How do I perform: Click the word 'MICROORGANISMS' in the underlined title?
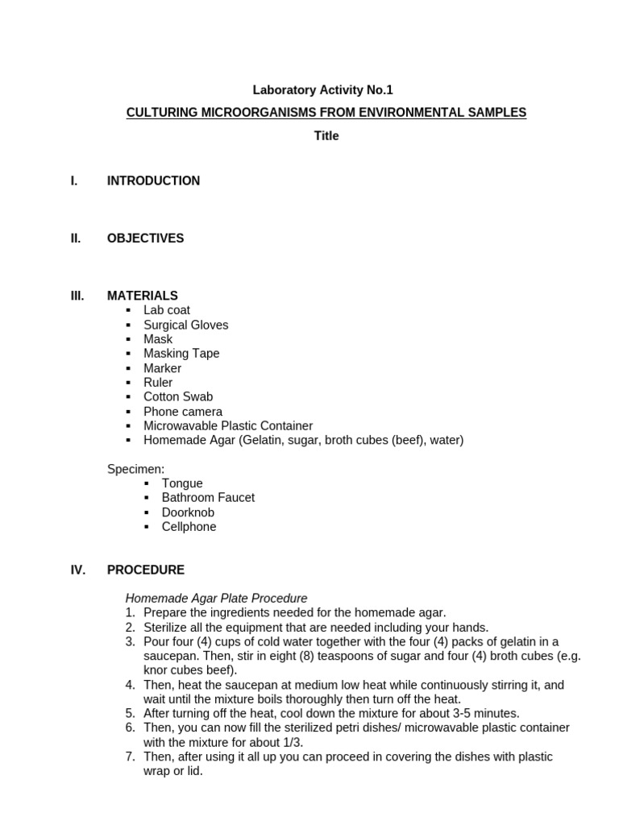click(223, 113)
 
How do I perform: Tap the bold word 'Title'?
click(326, 136)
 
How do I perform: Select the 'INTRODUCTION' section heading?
click(153, 181)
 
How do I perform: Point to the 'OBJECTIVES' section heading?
click(145, 238)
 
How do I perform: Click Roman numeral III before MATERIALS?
click(77, 296)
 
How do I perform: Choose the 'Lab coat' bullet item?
click(167, 310)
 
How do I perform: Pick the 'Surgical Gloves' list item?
click(185, 325)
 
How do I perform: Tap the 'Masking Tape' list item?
click(181, 354)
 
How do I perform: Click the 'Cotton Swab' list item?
click(178, 397)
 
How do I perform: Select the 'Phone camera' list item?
click(183, 412)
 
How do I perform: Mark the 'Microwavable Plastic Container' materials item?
click(228, 426)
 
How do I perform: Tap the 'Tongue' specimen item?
click(182, 483)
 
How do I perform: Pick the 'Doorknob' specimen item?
click(188, 512)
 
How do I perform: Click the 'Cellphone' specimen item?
click(189, 527)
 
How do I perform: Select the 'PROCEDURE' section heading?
click(145, 570)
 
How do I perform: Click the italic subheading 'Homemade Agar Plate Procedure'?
click(216, 599)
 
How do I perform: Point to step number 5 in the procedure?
click(130, 714)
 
